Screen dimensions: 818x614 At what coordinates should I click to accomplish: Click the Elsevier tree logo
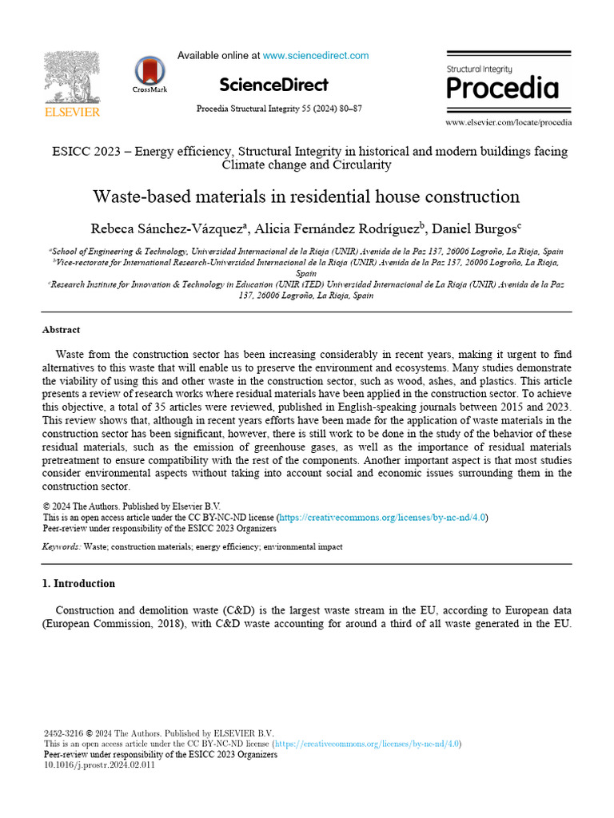[x=71, y=77]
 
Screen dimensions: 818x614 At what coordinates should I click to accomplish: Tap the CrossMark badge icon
[x=150, y=71]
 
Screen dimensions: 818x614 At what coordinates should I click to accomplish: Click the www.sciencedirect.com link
[x=316, y=56]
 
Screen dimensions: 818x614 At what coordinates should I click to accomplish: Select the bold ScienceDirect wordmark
[x=273, y=84]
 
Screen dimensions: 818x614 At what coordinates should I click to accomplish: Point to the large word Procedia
[x=502, y=87]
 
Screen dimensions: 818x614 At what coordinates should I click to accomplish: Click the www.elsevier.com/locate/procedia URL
[x=508, y=122]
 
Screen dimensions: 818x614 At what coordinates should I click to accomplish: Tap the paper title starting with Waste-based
[x=306, y=197]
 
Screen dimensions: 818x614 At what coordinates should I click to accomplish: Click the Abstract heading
[x=61, y=330]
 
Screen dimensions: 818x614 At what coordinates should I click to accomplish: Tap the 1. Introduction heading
[x=78, y=584]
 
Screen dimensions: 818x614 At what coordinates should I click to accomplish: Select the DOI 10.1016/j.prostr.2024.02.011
[x=99, y=765]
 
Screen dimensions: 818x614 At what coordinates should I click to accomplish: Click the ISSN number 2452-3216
[x=63, y=733]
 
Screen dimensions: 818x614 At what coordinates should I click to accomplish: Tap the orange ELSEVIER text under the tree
[x=72, y=113]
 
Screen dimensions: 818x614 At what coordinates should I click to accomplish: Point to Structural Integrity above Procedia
[x=479, y=69]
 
